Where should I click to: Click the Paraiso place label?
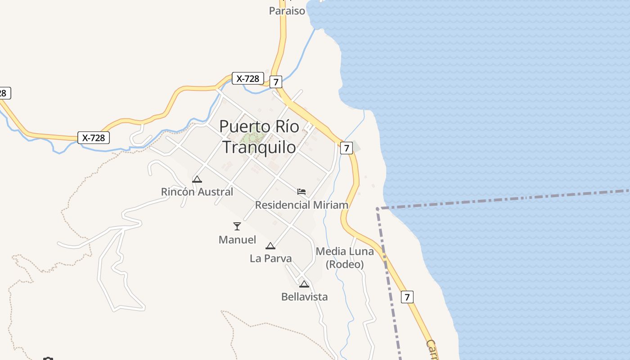[287, 11]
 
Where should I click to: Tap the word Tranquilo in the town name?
[260, 147]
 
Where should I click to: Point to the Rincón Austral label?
[197, 192]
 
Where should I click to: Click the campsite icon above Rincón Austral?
[197, 179]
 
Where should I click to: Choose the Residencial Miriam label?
[301, 205]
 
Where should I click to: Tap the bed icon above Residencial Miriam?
[301, 192]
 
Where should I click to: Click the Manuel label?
[237, 240]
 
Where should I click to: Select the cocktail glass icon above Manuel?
[237, 226]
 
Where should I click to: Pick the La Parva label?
[270, 259]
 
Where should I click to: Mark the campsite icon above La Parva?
[270, 246]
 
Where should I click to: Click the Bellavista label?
[304, 297]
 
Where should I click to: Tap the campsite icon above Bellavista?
[304, 284]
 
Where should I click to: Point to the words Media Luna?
[345, 252]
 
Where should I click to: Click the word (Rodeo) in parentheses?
[345, 265]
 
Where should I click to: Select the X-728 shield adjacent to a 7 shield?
[247, 78]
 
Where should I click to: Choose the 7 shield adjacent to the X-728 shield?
[276, 82]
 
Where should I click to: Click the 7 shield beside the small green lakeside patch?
[346, 148]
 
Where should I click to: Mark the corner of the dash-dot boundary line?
[377, 209]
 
